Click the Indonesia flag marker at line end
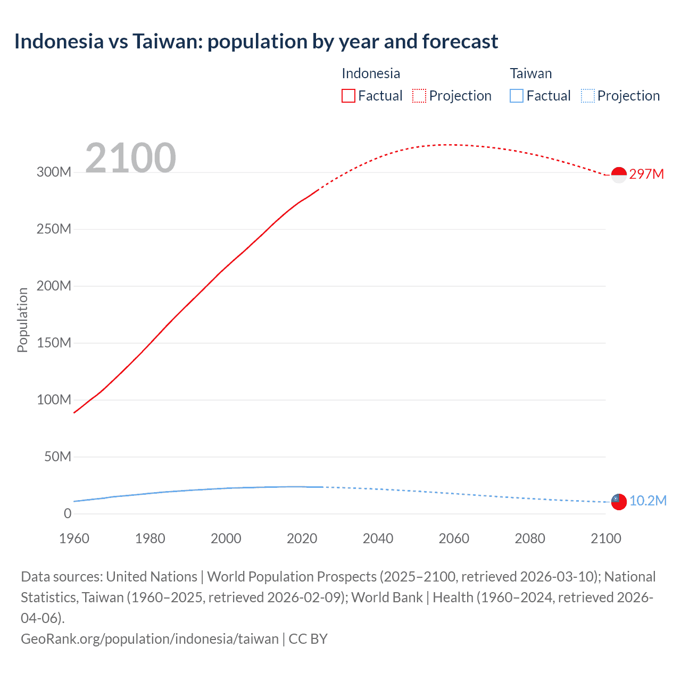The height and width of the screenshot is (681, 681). point(619,175)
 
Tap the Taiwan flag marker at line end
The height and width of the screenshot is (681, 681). point(619,501)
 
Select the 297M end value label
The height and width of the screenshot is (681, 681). point(646,175)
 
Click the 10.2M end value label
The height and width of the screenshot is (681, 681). point(647,501)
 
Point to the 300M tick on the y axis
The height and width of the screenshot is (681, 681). point(54,172)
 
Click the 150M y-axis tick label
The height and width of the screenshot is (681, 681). point(54,343)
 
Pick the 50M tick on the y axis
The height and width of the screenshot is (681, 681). point(57,457)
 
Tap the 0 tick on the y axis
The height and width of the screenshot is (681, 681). point(68,514)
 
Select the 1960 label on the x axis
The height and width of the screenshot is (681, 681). point(74,538)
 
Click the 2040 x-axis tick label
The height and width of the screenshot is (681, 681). point(378,538)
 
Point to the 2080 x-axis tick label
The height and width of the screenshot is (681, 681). point(530,538)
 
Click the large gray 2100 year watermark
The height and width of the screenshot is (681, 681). point(130,158)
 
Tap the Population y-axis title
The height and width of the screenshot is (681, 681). point(22,320)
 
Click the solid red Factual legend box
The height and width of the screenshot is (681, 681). point(348,96)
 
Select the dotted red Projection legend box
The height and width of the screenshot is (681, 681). point(419,96)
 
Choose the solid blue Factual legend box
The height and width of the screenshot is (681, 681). point(516,96)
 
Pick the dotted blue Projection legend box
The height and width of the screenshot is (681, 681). point(587,96)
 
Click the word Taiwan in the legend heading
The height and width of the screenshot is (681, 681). point(530,73)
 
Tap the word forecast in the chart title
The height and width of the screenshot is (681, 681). point(460,41)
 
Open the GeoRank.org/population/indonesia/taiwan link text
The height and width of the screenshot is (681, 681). point(150,639)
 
